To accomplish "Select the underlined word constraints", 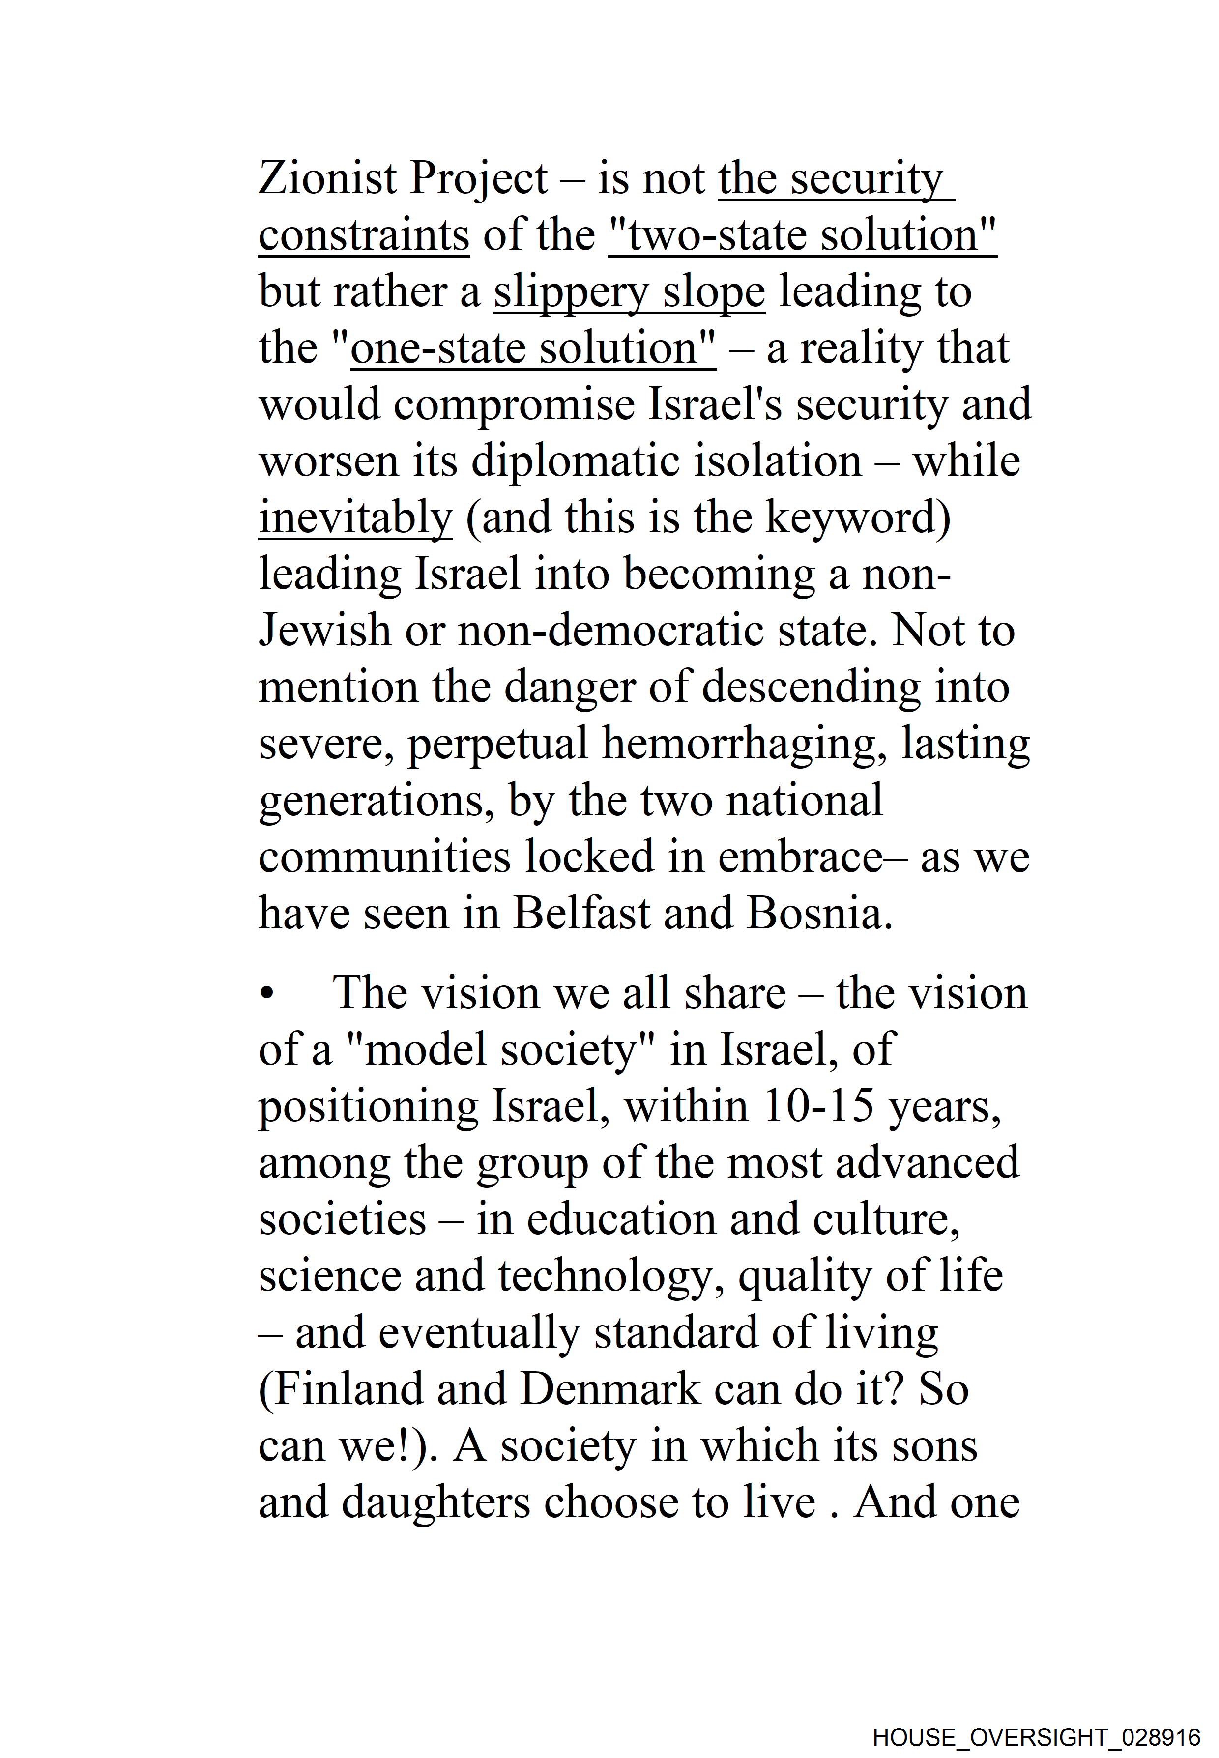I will pyautogui.click(x=364, y=235).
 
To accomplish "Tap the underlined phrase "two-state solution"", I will pyautogui.click(x=802, y=235).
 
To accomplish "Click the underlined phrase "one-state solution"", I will pyautogui.click(x=532, y=348).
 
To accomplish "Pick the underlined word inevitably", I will pyautogui.click(x=355, y=518).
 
